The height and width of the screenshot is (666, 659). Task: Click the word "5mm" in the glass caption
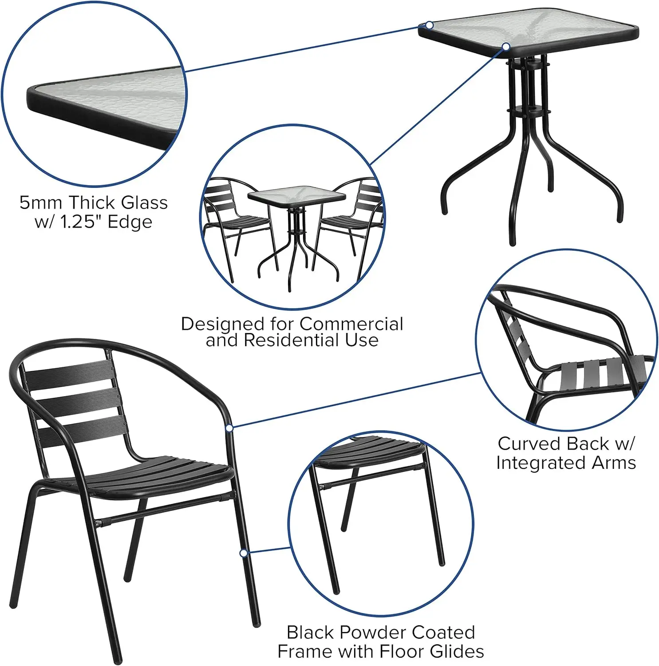tap(40, 203)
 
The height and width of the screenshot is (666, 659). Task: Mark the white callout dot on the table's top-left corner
tap(429, 25)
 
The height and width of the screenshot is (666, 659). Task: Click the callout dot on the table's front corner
tap(506, 46)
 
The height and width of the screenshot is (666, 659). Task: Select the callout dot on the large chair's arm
tap(229, 428)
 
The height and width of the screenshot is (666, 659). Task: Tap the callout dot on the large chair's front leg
tap(243, 553)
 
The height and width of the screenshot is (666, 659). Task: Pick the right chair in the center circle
tap(355, 213)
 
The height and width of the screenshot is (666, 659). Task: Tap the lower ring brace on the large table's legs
tap(528, 110)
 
